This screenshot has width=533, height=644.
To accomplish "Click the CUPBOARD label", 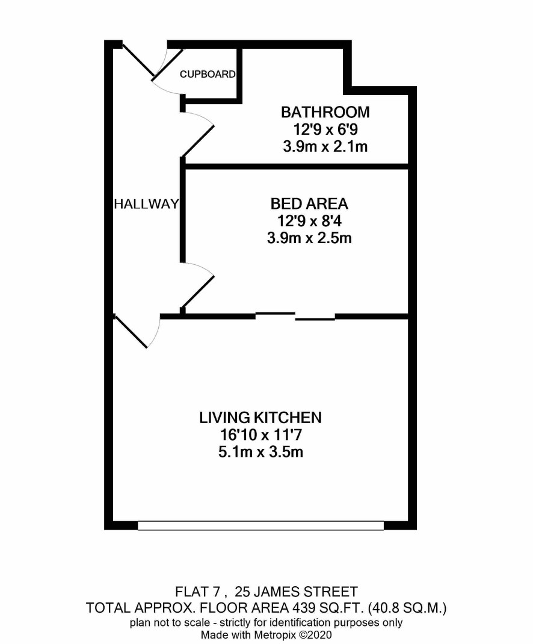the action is tap(208, 75).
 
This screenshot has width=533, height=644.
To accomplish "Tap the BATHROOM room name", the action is tap(325, 112).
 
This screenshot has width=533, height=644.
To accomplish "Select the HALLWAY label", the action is tap(146, 203).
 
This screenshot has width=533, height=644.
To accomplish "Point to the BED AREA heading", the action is tap(309, 203).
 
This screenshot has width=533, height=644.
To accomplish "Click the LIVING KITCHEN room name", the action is tap(260, 418).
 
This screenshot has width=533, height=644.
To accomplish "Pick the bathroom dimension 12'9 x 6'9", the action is tap(325, 129).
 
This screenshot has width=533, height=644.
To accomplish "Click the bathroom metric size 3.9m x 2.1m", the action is tap(325, 147).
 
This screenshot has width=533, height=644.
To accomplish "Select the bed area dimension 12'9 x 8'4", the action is tap(309, 221).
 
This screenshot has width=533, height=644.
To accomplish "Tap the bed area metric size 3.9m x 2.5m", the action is tap(309, 238).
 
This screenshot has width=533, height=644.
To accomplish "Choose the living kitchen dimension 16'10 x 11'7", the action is tap(260, 435).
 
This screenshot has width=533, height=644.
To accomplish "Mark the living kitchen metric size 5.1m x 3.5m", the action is tap(260, 452).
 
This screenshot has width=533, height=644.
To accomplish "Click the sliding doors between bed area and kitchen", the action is tap(295, 316).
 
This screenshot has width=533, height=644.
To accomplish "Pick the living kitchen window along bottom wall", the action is tap(260, 525).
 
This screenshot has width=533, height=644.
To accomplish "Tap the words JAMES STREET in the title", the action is tap(306, 592).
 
